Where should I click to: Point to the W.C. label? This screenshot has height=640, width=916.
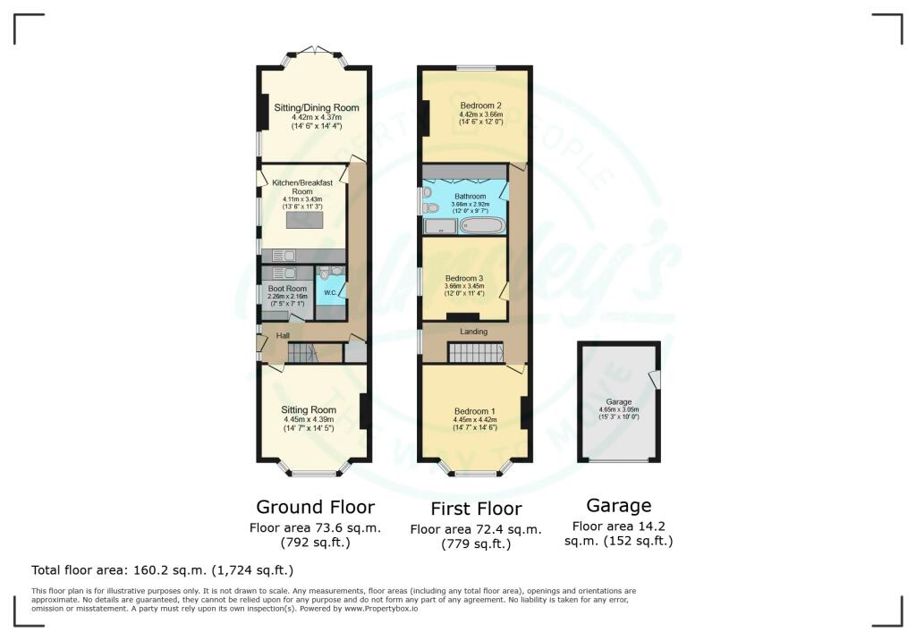(x=329, y=292)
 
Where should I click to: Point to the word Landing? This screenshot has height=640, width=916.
(x=473, y=332)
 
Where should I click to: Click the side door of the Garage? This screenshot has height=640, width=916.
(x=656, y=380)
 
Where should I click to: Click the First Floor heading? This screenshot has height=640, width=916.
(x=476, y=509)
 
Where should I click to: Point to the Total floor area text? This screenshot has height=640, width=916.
(x=162, y=569)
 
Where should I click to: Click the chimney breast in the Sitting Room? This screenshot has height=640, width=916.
(x=365, y=411)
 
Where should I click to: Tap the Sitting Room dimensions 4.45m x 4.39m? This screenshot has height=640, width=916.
(x=311, y=420)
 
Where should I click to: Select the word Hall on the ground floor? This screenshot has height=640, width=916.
(x=283, y=335)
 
